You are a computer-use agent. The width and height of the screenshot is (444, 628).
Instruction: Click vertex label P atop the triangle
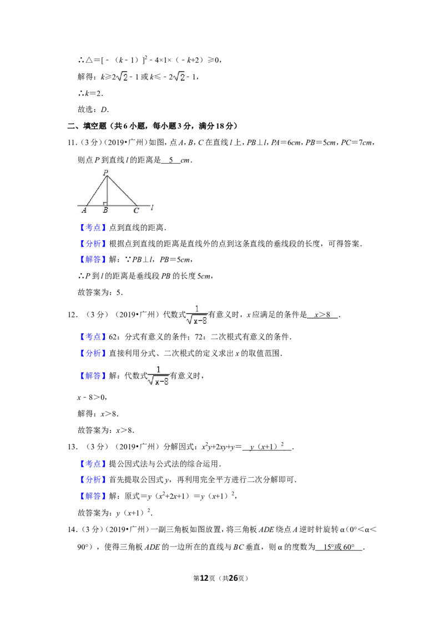tap(106, 173)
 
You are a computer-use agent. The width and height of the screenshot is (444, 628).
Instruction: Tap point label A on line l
tap(84, 210)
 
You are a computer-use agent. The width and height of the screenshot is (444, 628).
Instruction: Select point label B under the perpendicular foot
tap(105, 210)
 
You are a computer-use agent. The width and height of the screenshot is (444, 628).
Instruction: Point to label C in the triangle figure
tap(136, 210)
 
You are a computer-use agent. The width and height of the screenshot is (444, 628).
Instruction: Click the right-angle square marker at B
tap(104, 204)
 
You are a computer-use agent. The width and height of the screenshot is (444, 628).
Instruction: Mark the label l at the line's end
tap(152, 207)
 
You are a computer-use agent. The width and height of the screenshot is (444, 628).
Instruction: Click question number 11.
tap(72, 143)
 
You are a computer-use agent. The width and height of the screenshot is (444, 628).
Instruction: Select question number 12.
tap(73, 315)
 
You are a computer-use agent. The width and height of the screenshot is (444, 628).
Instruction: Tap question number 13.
tap(73, 447)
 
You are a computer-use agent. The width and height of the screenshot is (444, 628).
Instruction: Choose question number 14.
tap(73, 529)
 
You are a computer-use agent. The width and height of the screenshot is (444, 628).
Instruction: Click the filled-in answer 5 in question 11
tap(171, 160)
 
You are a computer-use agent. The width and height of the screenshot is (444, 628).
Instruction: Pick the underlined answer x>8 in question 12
tap(322, 315)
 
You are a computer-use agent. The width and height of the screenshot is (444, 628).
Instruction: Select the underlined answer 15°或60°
tap(339, 547)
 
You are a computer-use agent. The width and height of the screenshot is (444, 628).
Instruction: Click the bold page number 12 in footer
tap(204, 578)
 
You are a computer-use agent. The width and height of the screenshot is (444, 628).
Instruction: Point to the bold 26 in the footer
tap(233, 578)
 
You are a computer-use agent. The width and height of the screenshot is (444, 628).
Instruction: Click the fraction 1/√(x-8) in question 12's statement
tap(197, 315)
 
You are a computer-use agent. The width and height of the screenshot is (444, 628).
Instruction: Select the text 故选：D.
tap(93, 109)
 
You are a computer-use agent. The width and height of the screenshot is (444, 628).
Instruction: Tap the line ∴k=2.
tap(90, 93)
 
